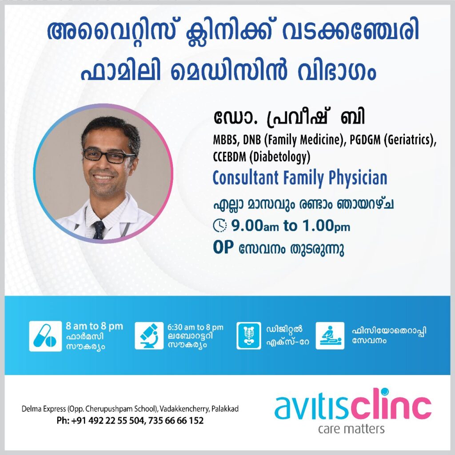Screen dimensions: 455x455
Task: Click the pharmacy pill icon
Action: click(45, 336)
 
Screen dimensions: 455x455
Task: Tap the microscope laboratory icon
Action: click(149, 336)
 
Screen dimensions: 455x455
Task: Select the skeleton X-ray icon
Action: click(249, 336)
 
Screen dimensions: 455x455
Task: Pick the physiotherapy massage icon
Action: click(330, 336)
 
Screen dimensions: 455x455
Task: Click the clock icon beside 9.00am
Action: click(220, 225)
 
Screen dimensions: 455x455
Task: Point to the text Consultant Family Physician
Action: click(300, 178)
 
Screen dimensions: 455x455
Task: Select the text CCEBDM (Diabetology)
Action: click(262, 157)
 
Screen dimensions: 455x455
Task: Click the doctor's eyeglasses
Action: click(108, 156)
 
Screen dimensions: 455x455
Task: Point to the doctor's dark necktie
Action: click(98, 229)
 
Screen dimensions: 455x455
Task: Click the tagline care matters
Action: click(351, 429)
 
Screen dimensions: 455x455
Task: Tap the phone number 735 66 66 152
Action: click(176, 420)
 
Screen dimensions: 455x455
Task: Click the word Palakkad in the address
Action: click(225, 409)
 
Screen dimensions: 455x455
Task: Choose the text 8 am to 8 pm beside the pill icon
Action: click(94, 326)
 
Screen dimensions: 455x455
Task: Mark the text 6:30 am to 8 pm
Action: click(196, 327)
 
